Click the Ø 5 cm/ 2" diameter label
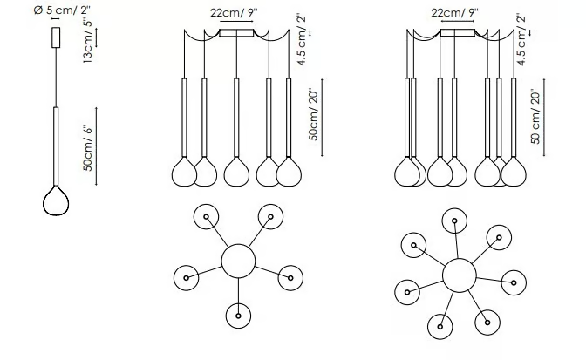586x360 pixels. tap(62, 10)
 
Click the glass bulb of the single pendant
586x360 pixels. tap(56, 200)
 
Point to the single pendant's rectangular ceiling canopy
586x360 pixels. tap(56, 37)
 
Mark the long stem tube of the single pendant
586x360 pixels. tap(56, 146)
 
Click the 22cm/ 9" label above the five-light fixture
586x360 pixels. tap(234, 13)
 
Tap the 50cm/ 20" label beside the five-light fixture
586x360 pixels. tap(314, 115)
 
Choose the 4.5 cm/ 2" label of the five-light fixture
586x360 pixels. tap(301, 40)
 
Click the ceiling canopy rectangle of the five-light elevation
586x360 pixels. tap(236, 33)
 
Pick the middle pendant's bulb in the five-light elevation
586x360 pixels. tap(236, 172)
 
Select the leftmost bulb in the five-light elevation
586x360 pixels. tap(184, 172)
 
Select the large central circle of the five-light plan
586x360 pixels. tap(238, 261)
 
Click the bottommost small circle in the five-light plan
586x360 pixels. tap(238, 316)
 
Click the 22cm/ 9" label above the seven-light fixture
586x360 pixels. tap(454, 13)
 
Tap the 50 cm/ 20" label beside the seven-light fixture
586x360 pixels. tap(535, 117)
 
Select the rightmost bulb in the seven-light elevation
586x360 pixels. tap(514, 172)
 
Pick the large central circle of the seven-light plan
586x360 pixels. tap(460, 275)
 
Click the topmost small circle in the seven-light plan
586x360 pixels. tap(454, 221)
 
